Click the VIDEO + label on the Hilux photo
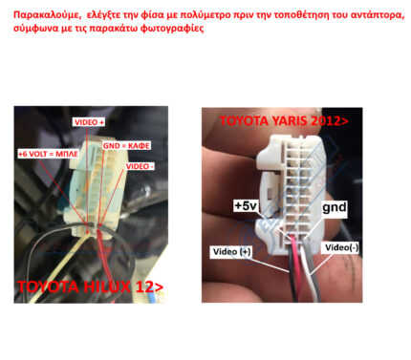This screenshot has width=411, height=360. (89, 122)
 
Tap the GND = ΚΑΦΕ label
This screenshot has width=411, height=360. (126, 146)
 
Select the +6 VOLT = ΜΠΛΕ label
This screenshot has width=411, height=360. (48, 154)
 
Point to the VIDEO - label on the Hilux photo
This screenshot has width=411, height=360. (140, 166)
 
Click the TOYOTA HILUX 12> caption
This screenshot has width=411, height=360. (90, 286)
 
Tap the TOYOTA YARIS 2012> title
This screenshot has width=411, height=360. (284, 121)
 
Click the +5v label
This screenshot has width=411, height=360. (246, 205)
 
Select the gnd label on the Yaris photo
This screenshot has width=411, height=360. (335, 207)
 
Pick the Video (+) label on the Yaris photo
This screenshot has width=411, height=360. (231, 252)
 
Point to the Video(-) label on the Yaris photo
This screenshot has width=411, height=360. (341, 247)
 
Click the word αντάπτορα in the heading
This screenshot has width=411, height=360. (377, 15)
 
